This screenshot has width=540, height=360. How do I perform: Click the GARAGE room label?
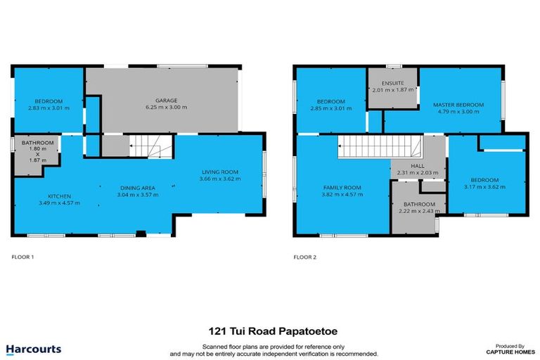point(166,100)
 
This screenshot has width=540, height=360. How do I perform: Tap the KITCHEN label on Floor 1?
point(58,195)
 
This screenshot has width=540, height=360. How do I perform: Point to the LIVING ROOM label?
point(220,171)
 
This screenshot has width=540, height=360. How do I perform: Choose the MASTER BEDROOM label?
point(458,105)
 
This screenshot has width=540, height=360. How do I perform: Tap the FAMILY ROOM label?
point(342,188)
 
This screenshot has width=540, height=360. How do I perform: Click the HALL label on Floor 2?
point(417,166)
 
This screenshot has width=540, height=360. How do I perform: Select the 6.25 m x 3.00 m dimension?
point(166,108)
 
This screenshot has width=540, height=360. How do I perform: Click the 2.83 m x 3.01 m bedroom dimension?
point(47,108)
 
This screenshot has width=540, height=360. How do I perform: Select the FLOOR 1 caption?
point(22,257)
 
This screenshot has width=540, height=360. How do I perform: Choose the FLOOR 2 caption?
point(304,257)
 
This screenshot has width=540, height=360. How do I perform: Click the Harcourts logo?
point(33,349)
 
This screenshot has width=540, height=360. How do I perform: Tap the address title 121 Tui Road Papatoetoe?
point(270,329)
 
